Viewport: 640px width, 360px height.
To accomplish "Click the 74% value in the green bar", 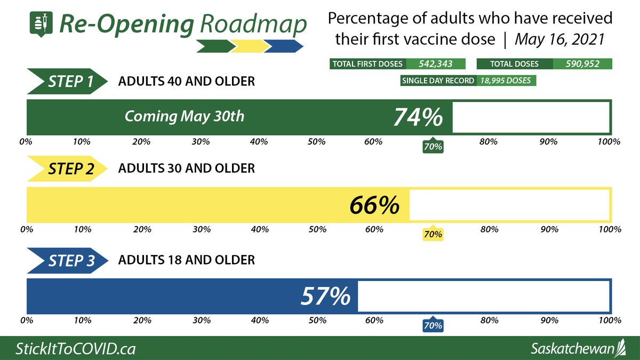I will tap(418, 117).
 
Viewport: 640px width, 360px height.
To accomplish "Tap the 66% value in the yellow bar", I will tap(374, 205).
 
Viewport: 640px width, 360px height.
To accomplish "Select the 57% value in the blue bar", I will tap(325, 296).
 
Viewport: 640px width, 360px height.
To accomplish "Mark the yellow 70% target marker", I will tap(433, 234).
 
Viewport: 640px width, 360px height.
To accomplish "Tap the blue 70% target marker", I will tap(433, 325).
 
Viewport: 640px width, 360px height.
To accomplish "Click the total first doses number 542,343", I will tap(435, 64).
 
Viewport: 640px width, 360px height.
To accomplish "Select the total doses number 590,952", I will tap(582, 64).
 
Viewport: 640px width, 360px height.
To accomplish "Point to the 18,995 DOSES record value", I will tap(507, 81).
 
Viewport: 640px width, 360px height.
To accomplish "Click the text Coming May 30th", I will tap(185, 116).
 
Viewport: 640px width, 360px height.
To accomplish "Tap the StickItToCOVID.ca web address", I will tap(75, 349).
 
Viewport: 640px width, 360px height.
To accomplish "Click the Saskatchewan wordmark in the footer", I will tap(573, 349).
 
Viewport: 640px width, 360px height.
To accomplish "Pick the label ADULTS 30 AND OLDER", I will tap(187, 169).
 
